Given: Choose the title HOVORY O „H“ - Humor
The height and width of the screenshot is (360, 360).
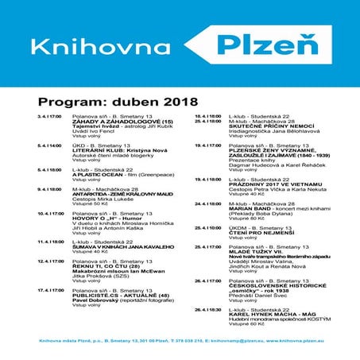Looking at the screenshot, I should [103, 219].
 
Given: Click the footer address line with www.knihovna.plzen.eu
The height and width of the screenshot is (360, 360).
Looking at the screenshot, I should [180, 340].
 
